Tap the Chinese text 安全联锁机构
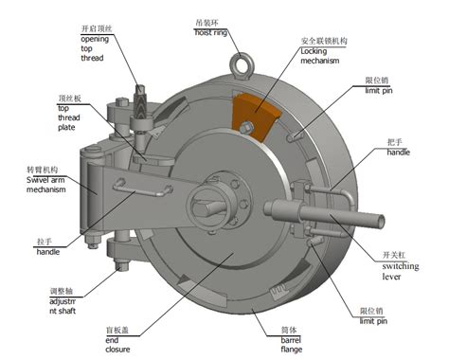(x=324, y=43)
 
